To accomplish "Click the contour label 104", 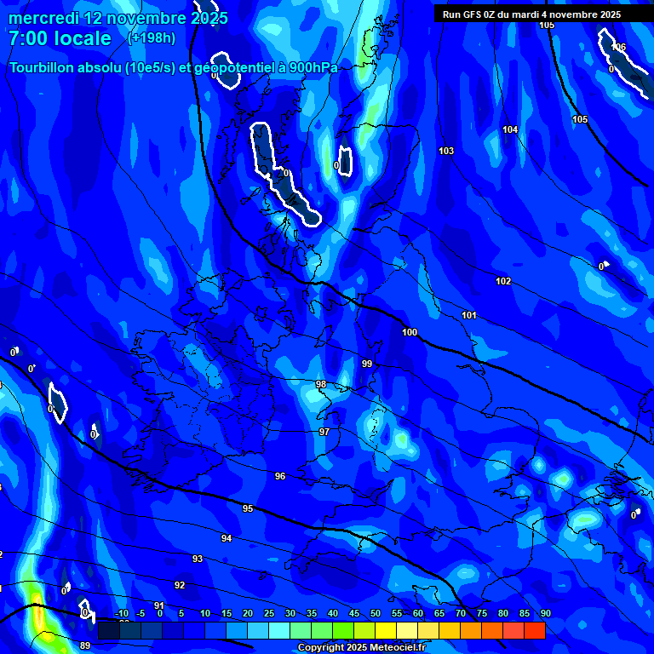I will pos(510,129).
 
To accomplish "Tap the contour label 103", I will pos(446,151).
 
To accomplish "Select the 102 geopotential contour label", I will pos(503,281).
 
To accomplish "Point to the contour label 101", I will pos(469,315).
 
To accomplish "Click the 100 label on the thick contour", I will pos(410,332).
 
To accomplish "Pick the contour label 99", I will pos(367,364).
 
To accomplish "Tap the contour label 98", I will pos(321,384).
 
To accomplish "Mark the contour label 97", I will pos(324,432).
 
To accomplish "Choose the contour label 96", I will pos(280,476).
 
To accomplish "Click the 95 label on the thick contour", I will pos(248,508).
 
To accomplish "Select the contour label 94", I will pos(227,538).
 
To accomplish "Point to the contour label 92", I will pos(180,585).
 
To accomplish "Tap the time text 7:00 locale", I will pos(60,38).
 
